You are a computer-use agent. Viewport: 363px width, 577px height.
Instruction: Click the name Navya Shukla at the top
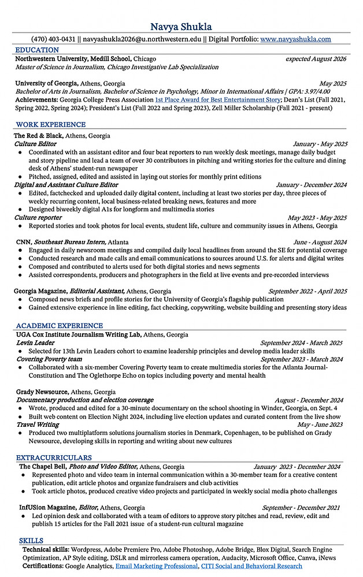(181, 27)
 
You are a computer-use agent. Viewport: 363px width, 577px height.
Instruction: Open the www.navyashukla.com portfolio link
(295, 39)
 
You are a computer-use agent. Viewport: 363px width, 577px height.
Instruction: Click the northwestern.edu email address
(142, 39)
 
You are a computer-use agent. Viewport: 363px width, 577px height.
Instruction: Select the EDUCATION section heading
(37, 50)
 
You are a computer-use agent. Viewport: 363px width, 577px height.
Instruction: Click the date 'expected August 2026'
(316, 59)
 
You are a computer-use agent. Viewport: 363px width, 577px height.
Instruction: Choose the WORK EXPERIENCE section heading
(50, 124)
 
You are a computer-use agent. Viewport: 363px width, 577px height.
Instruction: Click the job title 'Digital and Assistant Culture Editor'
(66, 185)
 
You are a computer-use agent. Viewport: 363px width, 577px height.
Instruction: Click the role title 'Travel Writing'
(38, 425)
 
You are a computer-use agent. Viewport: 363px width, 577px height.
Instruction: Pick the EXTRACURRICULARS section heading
(54, 457)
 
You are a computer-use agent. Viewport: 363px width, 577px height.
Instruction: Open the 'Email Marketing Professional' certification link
(157, 567)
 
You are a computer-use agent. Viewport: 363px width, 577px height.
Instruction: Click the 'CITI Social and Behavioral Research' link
(251, 567)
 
